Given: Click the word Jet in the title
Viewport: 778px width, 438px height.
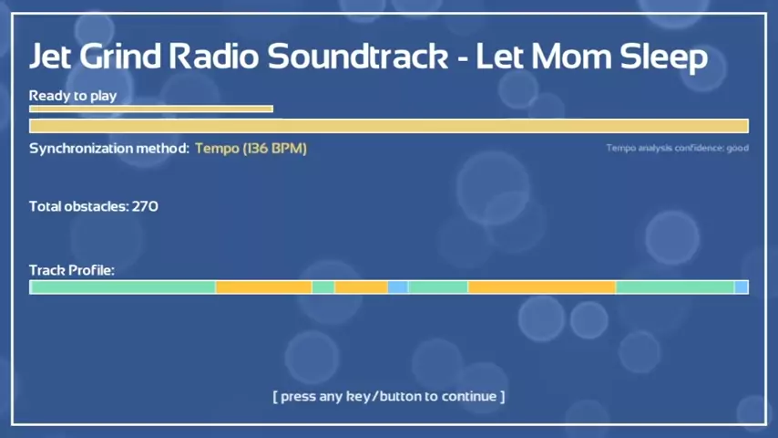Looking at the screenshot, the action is (51, 56).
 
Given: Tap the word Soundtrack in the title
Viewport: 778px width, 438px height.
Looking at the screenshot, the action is (358, 56).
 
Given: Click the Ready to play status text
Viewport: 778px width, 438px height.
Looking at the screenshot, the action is (73, 96).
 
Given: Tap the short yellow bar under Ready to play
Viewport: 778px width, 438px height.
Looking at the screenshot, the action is (151, 109).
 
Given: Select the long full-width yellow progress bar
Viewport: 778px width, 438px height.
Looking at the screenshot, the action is (389, 126).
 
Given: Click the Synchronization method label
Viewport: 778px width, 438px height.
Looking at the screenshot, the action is (109, 148).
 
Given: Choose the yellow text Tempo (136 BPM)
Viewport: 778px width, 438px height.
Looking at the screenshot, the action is (251, 148).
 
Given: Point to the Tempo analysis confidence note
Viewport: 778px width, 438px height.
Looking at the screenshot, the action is (677, 148).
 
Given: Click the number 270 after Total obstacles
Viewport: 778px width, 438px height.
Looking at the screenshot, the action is (145, 206).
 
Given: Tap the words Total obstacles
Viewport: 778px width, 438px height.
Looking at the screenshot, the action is (78, 206).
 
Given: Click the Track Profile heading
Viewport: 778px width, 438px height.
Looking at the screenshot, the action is (72, 270).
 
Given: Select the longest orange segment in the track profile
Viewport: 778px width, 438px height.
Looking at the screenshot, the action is (542, 287).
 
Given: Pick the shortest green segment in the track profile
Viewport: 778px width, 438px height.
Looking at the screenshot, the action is (323, 287).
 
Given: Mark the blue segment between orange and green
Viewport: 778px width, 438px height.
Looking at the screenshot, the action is (398, 287).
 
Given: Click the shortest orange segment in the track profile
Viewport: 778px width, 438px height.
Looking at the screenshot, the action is (361, 287).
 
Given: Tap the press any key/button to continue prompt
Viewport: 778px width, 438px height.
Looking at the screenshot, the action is (389, 396).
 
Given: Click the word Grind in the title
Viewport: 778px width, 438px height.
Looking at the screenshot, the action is (120, 56).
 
